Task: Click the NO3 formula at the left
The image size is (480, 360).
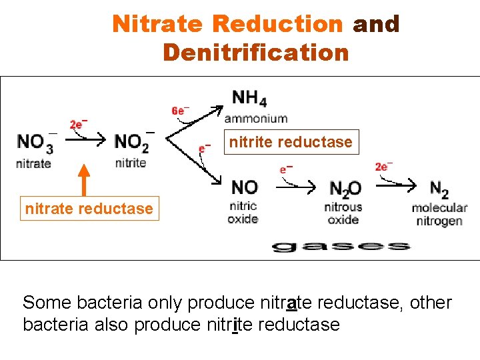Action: (x=35, y=143)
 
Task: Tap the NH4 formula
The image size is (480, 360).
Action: (x=249, y=99)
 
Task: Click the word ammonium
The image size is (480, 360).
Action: (x=256, y=119)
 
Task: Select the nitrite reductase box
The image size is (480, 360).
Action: (x=291, y=142)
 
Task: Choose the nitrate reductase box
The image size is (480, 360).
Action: (x=89, y=208)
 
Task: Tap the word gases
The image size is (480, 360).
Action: (x=340, y=246)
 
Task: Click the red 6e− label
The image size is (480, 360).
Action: (x=180, y=111)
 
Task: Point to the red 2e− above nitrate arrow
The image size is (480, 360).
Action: (x=79, y=125)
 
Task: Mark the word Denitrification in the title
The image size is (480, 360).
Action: (x=255, y=51)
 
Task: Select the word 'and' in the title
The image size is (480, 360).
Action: (x=376, y=24)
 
